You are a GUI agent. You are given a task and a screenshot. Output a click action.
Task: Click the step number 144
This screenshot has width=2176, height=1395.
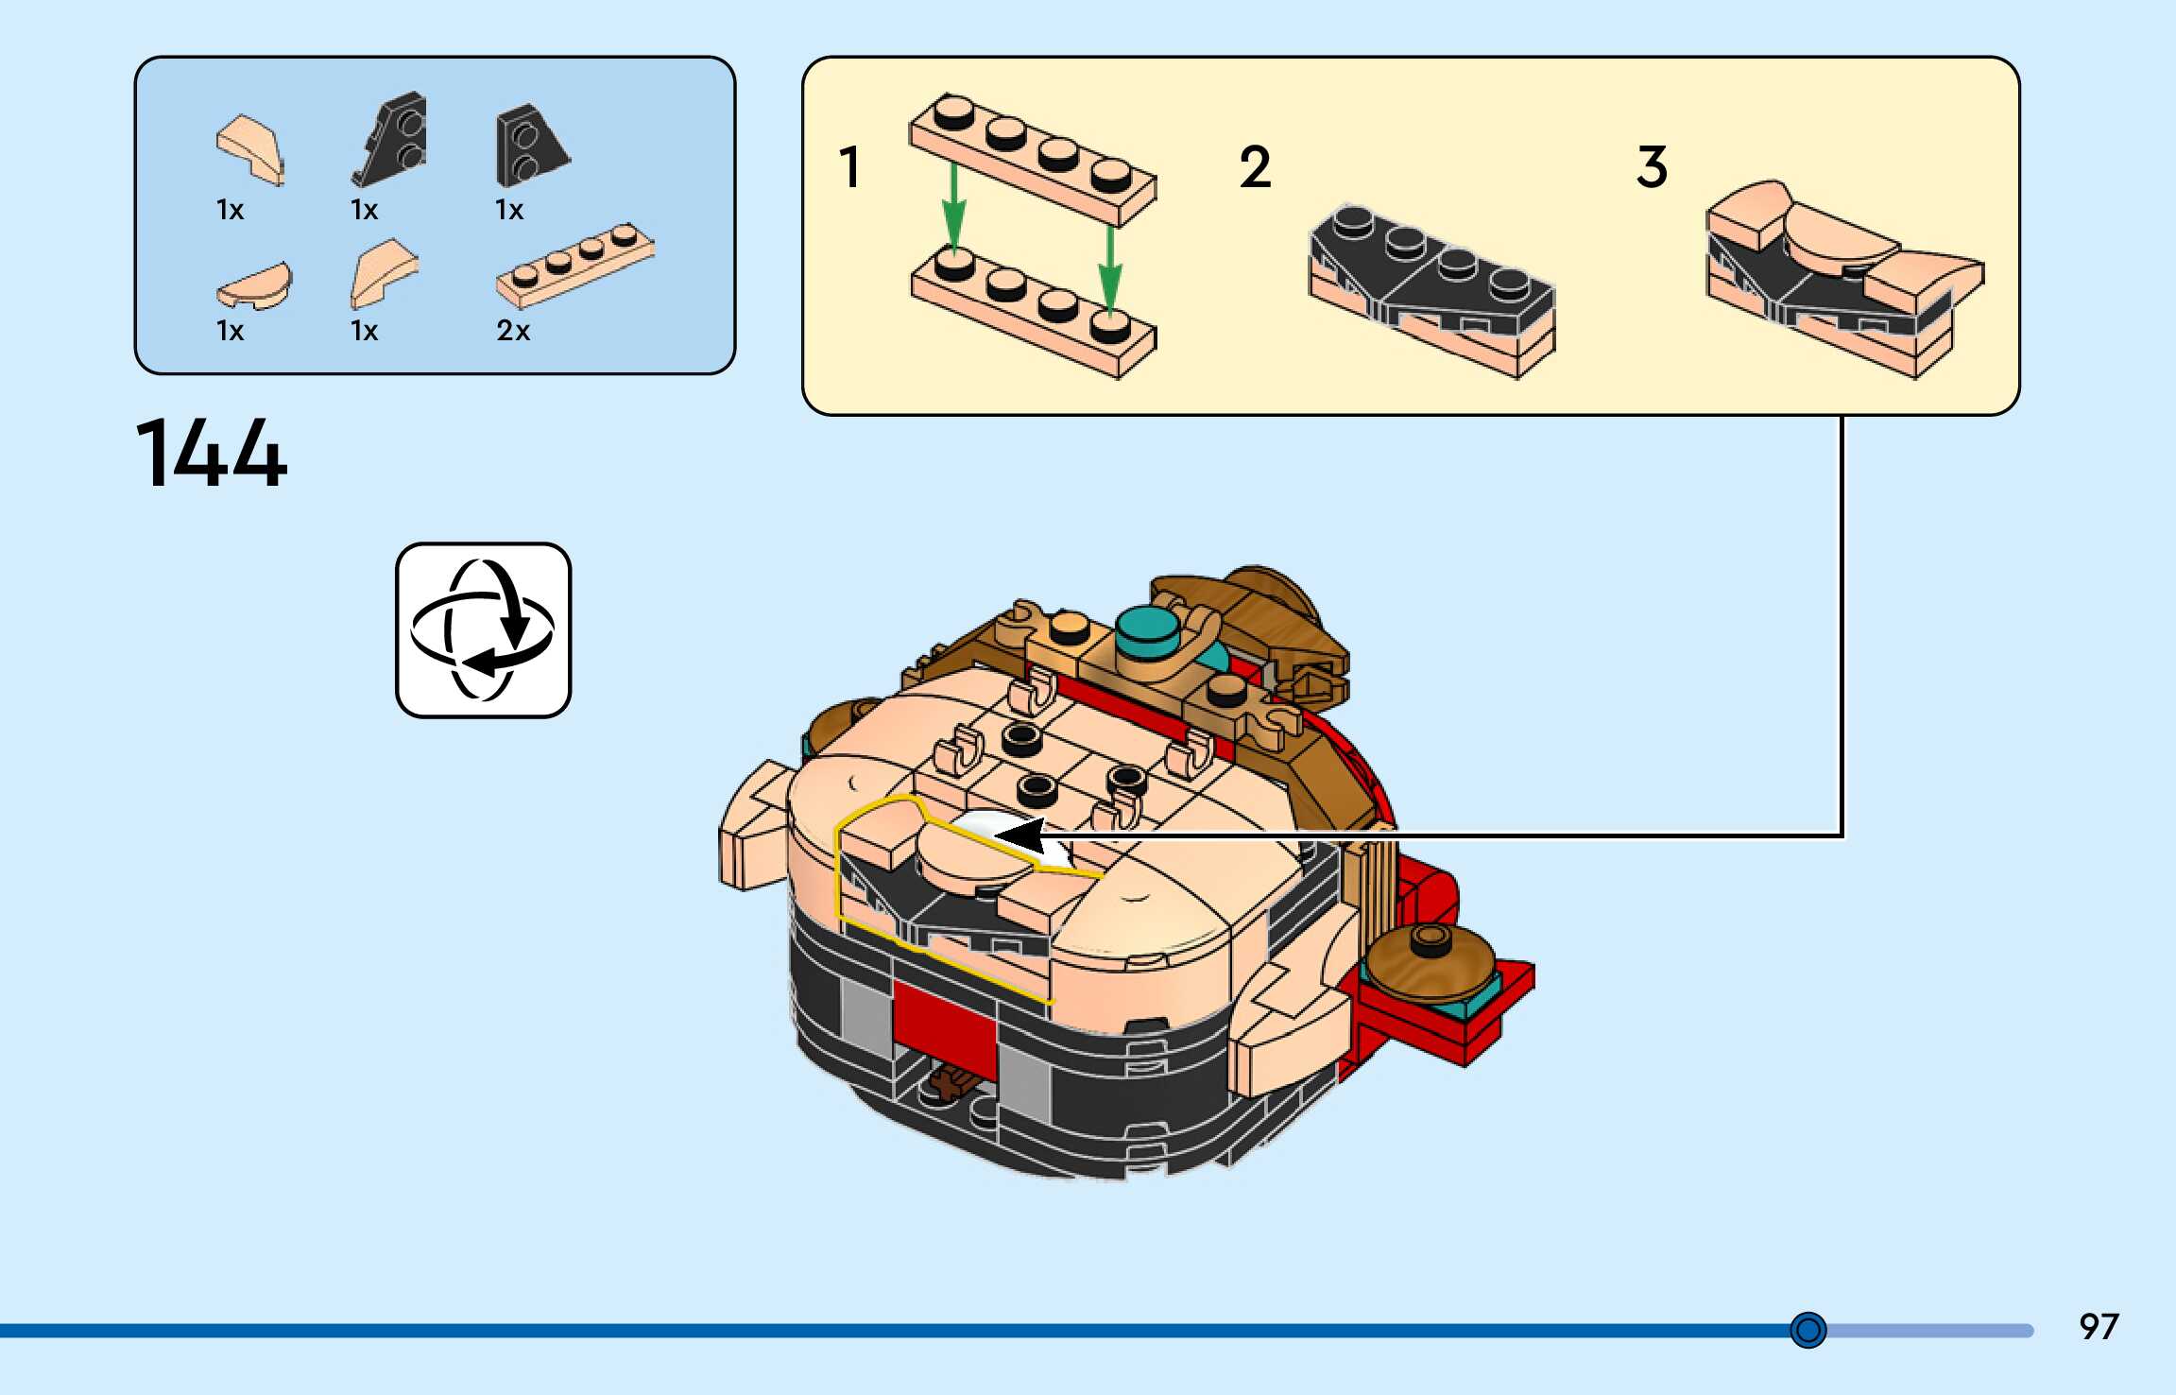point(212,455)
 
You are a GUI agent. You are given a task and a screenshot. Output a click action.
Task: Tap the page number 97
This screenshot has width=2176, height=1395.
point(2099,1327)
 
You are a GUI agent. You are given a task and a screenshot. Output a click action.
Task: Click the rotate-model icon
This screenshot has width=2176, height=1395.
point(483,629)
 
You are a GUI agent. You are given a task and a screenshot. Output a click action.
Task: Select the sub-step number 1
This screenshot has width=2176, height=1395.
point(849,167)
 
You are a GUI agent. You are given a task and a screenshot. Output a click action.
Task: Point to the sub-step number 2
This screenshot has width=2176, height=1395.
point(1255,167)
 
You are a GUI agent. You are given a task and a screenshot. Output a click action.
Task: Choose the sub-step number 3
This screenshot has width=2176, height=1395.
point(1653,167)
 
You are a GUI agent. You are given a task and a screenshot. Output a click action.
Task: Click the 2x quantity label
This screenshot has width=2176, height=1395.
point(513,331)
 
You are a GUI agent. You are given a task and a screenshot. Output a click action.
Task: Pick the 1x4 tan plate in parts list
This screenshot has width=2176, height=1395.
point(574,266)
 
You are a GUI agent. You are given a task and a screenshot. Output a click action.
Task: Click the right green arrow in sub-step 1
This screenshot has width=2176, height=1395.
point(1110,269)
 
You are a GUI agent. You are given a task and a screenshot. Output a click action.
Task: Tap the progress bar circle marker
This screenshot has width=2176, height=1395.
point(1808,1331)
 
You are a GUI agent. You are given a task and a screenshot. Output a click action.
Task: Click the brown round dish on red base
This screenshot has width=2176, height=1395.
point(1430,960)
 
